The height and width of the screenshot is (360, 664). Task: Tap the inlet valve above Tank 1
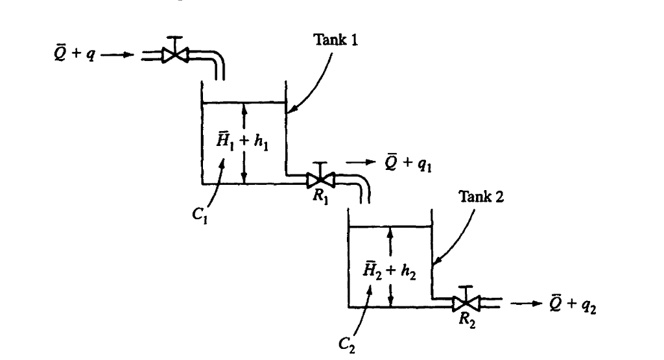click(x=173, y=56)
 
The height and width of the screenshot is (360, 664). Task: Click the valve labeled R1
click(x=320, y=177)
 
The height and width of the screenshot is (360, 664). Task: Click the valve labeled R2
click(x=466, y=302)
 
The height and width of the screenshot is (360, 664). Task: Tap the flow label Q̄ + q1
click(x=406, y=163)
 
